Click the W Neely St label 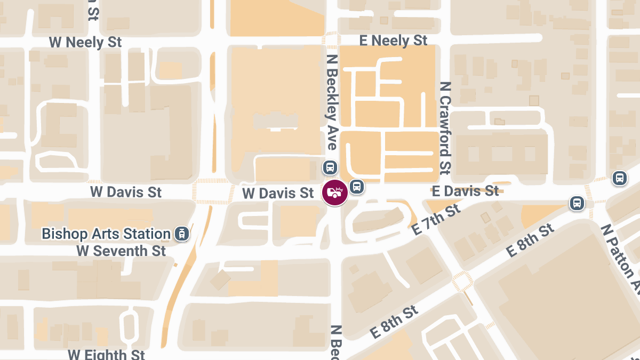point(85,43)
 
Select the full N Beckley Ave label point(332,109)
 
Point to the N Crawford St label point(445,128)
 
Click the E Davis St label point(465,191)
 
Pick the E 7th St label point(437,219)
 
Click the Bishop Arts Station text point(106,234)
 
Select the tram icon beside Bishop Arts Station point(182,234)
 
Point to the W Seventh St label point(121,251)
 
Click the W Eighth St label point(106,354)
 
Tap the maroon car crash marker point(335,193)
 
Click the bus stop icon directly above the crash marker point(330,167)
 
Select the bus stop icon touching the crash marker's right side point(357,187)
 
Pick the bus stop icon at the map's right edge point(619,178)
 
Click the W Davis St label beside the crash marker point(278,193)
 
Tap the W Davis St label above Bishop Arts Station point(126,192)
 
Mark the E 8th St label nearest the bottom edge point(394,322)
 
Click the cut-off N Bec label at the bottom point(335,342)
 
